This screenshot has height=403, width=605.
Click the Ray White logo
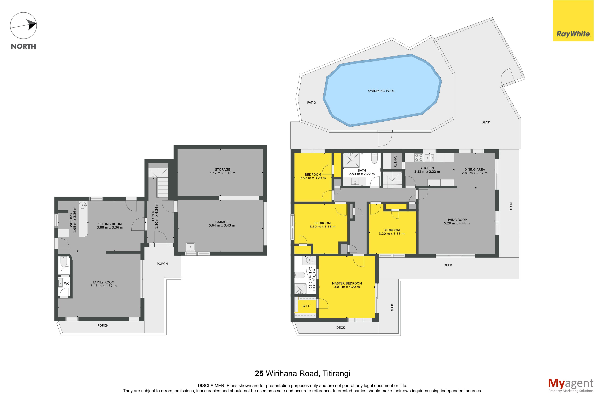[573, 21]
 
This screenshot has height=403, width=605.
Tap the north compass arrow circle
[23, 26]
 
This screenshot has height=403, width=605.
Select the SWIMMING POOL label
[381, 91]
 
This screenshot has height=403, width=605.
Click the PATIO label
[311, 103]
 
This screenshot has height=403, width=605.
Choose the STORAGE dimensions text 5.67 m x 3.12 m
[222, 173]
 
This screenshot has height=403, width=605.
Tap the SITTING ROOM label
[110, 224]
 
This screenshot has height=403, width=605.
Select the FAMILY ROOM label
[103, 282]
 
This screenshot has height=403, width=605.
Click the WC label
[67, 283]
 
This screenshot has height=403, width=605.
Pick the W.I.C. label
[307, 306]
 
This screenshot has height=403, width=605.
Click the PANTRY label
[395, 161]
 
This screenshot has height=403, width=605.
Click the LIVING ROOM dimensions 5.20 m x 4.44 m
[457, 223]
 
